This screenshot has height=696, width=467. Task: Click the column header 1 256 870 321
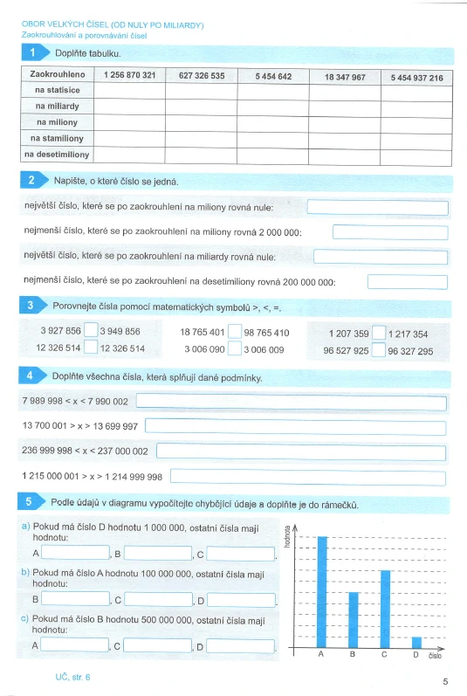pos(129,76)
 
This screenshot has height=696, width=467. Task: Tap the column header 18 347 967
pos(344,77)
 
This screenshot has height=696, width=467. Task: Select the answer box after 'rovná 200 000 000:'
pos(408,282)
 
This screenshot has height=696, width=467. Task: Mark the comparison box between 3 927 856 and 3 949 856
pos(91,332)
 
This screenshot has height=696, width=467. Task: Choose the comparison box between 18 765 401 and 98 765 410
pos(235,332)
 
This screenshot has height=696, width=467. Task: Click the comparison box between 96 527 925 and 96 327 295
pos(379,351)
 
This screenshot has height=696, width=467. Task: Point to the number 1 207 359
pos(348,334)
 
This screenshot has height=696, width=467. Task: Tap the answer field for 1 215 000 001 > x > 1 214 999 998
pos(309,476)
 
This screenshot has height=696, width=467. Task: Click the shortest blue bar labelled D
pos(416,643)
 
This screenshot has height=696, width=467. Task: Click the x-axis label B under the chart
pos(353,654)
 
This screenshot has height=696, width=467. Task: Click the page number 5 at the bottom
pos(445,681)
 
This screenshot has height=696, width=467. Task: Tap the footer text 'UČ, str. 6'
pos(72,676)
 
